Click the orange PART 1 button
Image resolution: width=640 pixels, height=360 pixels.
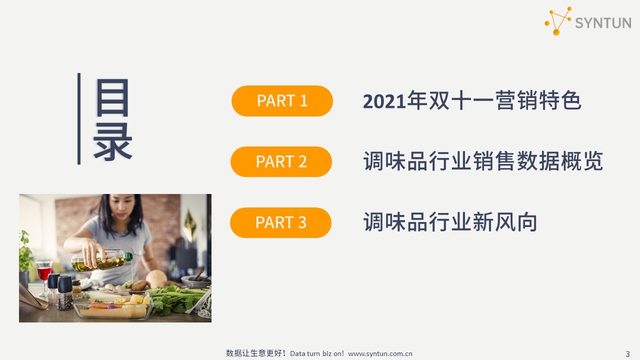[282, 101]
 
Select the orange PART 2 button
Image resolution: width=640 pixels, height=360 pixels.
[281, 161]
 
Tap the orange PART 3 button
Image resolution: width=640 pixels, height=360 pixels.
[280, 222]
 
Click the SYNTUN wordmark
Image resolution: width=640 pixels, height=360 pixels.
[603, 23]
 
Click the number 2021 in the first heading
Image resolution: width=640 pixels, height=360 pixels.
[384, 101]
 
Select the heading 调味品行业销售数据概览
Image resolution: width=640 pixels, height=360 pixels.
[483, 161]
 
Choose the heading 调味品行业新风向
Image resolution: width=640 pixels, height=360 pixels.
[450, 221]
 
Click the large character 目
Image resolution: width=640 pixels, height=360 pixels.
[112, 97]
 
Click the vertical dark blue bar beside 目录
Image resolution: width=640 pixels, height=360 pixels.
[79, 119]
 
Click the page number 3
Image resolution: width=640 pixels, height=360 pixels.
[627, 354]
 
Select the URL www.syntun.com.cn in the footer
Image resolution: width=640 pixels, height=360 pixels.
[380, 353]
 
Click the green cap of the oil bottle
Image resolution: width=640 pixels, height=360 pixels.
[128, 256]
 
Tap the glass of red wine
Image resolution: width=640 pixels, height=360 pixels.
[44, 274]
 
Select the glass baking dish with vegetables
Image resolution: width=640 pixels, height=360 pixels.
[113, 305]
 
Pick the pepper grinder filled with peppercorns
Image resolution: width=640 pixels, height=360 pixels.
[65, 293]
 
